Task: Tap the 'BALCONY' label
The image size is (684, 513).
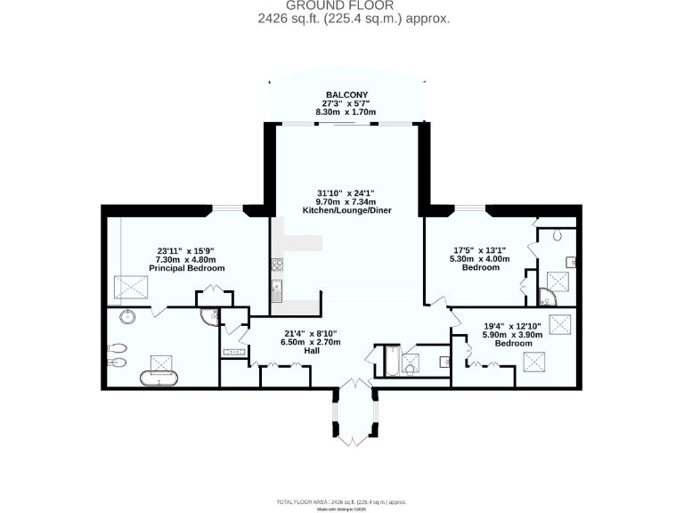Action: coord(346,94)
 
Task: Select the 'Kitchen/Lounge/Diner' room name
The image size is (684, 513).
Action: coord(347,211)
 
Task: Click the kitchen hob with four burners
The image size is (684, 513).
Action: coord(276,264)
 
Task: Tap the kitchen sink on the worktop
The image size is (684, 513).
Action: coord(277,288)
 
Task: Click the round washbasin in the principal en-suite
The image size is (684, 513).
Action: coord(126,315)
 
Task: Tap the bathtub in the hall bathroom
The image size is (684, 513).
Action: coord(391,362)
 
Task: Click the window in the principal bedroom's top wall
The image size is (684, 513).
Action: coord(229,208)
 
